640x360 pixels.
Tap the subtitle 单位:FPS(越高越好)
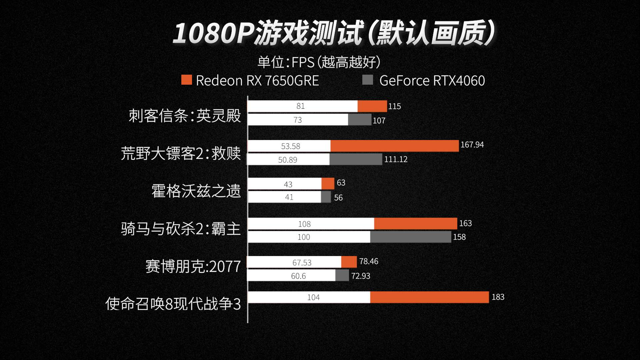[319, 62]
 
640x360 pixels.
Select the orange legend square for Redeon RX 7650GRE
[186, 80]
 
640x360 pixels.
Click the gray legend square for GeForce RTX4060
[368, 80]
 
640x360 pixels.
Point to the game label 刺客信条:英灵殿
[185, 116]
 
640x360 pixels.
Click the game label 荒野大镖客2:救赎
[181, 153]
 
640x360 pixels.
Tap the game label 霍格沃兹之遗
[196, 191]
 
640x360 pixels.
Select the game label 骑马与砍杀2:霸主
[181, 229]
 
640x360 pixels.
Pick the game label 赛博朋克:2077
[193, 266]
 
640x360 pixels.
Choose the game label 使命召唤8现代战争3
[173, 304]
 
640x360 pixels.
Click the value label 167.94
[472, 145]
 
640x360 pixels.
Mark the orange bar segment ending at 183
[429, 297]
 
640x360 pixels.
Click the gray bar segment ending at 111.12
[356, 159]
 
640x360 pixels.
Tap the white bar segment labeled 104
[309, 297]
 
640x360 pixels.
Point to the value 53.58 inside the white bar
[291, 146]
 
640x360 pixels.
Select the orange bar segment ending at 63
[328, 184]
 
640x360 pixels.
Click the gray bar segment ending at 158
[411, 237]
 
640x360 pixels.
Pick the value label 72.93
[361, 276]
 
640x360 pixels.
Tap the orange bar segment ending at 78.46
[349, 262]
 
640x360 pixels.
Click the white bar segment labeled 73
[298, 120]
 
